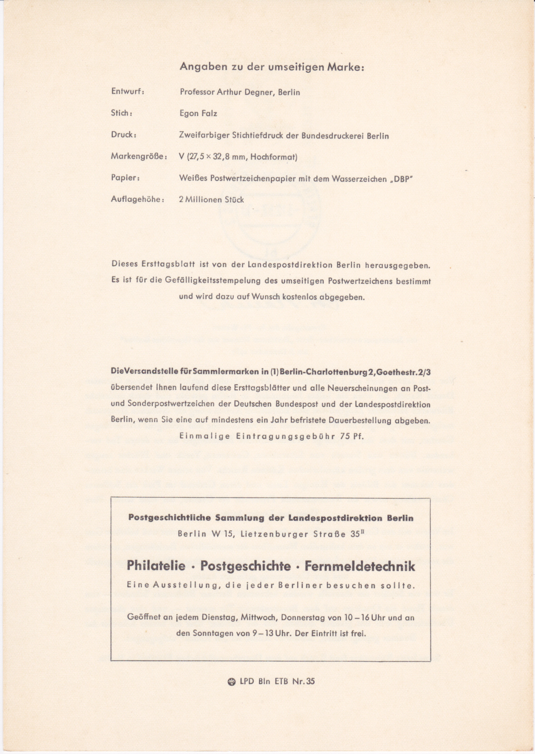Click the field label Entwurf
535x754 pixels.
[x=127, y=91]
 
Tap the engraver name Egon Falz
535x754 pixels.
[x=198, y=114]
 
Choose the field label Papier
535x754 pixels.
[x=125, y=178]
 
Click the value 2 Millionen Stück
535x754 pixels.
[x=211, y=200]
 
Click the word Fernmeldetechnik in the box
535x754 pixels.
[x=360, y=566]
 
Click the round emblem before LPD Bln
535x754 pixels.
[x=231, y=681]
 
